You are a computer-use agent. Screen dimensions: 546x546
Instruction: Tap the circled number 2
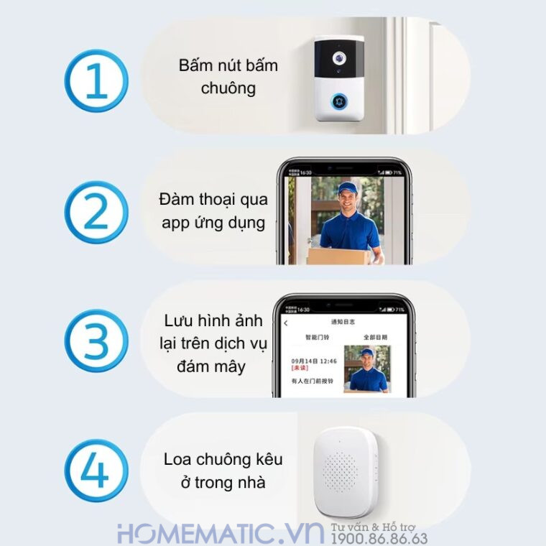(96, 212)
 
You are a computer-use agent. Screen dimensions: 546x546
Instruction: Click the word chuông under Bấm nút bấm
(228, 88)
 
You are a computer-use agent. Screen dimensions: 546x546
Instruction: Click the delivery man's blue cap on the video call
(348, 189)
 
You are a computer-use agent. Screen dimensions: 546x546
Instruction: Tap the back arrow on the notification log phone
(285, 323)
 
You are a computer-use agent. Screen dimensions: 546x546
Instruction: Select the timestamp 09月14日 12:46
(313, 361)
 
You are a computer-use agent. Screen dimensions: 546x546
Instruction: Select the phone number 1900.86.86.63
(379, 538)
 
